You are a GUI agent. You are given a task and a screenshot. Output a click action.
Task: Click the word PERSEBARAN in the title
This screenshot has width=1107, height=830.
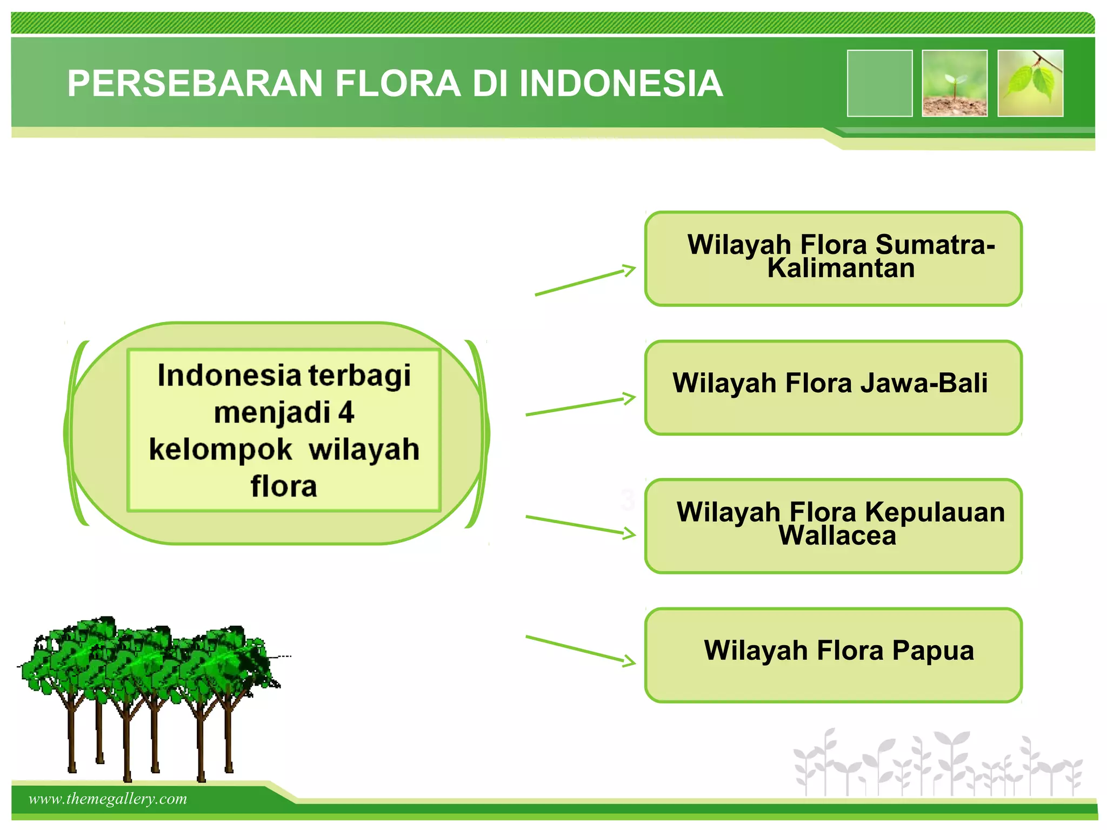click(195, 84)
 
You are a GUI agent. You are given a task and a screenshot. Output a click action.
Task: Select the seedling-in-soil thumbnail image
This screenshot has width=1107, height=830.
click(955, 83)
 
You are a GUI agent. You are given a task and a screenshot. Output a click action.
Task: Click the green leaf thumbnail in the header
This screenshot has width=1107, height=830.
click(1030, 83)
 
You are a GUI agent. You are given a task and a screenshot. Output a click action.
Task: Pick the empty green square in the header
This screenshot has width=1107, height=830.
click(879, 83)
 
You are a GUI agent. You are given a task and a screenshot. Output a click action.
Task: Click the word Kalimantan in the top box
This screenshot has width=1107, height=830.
click(841, 269)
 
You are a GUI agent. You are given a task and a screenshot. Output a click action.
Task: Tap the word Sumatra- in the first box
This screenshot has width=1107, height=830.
click(935, 244)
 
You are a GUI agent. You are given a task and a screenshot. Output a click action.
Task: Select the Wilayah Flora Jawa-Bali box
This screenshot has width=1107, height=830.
click(832, 387)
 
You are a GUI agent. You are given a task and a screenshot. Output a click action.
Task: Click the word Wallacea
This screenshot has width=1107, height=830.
click(837, 536)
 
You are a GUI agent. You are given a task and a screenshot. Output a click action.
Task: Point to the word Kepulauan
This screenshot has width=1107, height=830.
click(935, 512)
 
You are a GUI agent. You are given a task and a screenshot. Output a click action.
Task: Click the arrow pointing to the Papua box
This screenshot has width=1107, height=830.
click(581, 650)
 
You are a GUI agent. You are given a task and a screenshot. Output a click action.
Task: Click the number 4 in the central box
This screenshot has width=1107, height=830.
click(346, 412)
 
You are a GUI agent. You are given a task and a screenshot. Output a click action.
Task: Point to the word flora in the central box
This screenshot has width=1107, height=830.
click(284, 486)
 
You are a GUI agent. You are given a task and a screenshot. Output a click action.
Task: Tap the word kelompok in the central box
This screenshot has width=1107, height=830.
click(221, 450)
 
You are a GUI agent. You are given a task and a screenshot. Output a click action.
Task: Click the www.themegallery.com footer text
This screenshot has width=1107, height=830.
click(108, 799)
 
